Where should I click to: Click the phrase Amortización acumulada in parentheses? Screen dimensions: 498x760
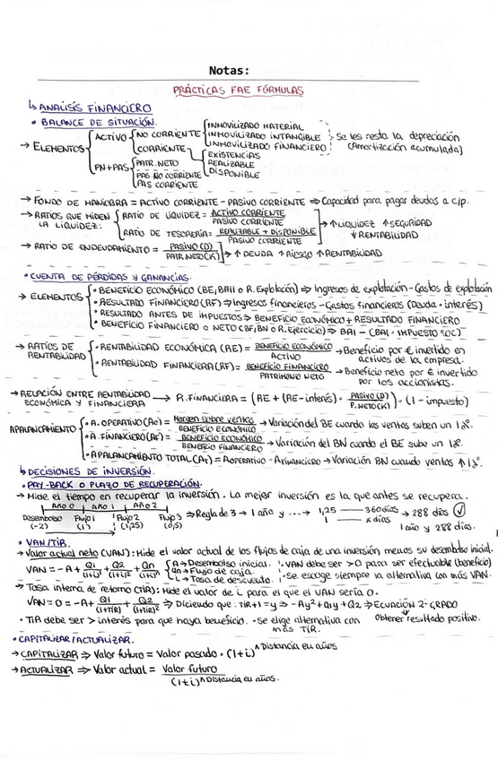[x=405, y=147]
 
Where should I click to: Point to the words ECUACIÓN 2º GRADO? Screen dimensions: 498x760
[x=421, y=603]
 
